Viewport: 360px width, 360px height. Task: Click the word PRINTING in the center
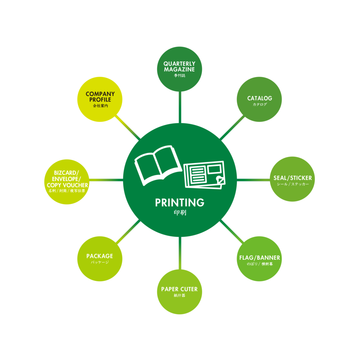pyautogui.click(x=180, y=203)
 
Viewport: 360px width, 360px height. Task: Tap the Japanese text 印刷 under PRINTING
pyautogui.click(x=180, y=213)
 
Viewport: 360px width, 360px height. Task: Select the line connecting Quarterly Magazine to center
pyautogui.click(x=180, y=107)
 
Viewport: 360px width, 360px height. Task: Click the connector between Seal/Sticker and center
pyautogui.click(x=253, y=180)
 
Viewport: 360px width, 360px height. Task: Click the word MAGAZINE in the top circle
pyautogui.click(x=179, y=70)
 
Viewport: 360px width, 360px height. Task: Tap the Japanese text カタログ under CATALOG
pyautogui.click(x=259, y=104)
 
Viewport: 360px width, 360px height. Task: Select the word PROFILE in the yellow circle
pyautogui.click(x=100, y=100)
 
